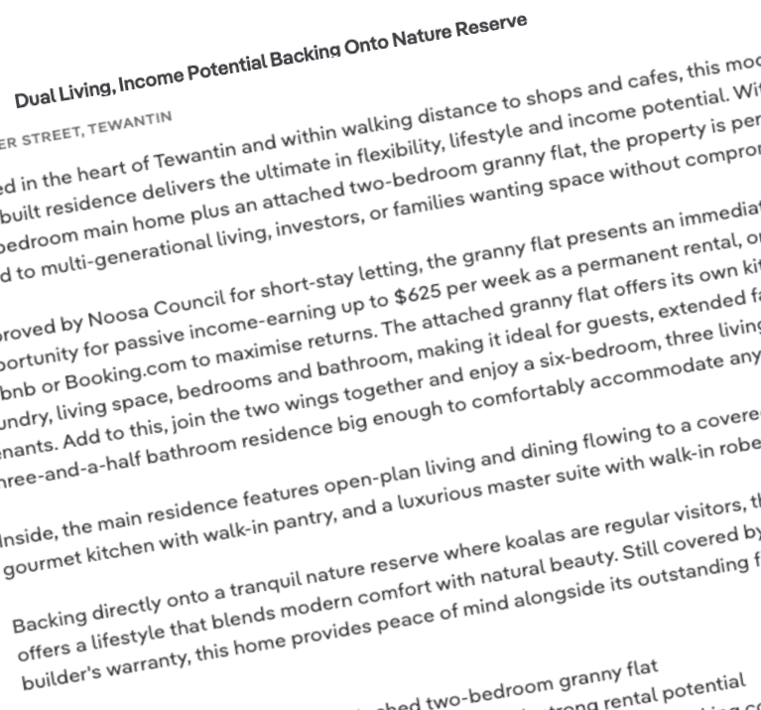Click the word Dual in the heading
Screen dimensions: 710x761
[36, 97]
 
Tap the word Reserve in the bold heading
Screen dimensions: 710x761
[490, 28]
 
